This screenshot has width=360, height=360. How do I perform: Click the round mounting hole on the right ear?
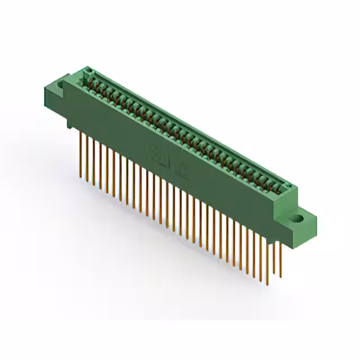[296, 217]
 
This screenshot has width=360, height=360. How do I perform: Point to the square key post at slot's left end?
[88, 72]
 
